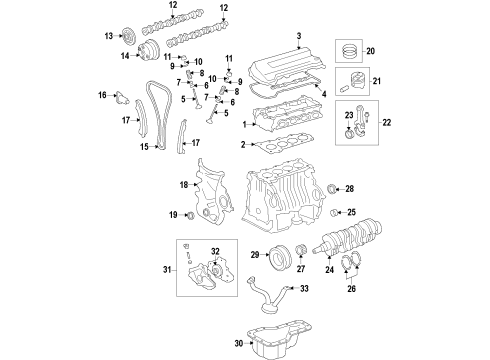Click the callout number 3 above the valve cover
click(x=297, y=37)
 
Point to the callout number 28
click(x=350, y=187)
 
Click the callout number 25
click(x=351, y=212)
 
